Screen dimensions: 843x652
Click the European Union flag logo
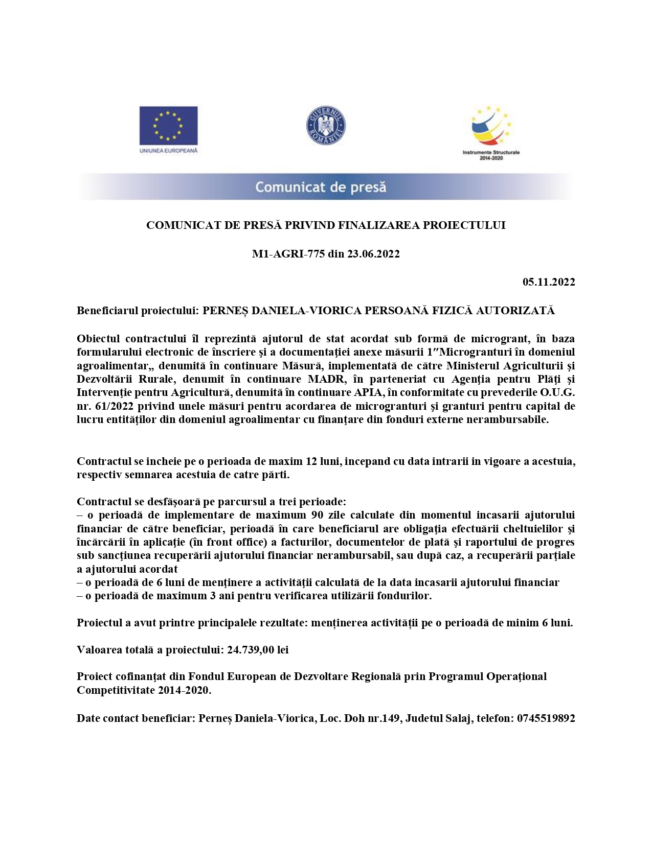click(168, 125)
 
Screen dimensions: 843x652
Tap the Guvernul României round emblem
click(326, 125)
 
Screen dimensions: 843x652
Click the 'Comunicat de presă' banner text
click(321, 187)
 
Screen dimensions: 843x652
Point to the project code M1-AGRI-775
click(288, 254)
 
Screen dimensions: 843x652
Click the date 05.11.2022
click(549, 282)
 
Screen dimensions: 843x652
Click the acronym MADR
click(326, 379)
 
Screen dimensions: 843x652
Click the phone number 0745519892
click(546, 718)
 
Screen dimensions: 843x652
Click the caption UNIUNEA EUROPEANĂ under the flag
click(168, 151)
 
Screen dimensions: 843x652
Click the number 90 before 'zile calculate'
click(318, 515)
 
